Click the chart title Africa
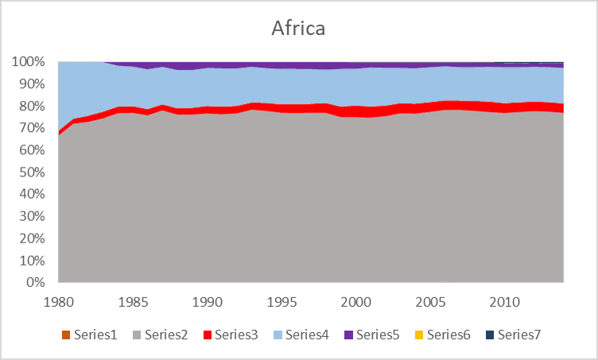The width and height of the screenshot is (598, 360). tap(298, 29)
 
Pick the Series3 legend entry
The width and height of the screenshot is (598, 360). tap(235, 335)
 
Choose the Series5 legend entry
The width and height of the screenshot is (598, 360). tap(377, 335)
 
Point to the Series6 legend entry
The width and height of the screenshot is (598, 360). tap(448, 335)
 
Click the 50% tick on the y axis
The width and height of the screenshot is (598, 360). tap(33, 172)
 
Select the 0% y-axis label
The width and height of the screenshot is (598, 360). tap(36, 282)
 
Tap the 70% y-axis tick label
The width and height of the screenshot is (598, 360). tap(33, 128)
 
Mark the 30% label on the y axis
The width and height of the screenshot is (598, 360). tap(33, 216)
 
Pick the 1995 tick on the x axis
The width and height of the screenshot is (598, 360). tap(281, 302)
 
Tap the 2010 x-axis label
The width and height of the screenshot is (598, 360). tap(504, 302)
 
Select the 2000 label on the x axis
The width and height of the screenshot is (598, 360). tap(355, 302)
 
